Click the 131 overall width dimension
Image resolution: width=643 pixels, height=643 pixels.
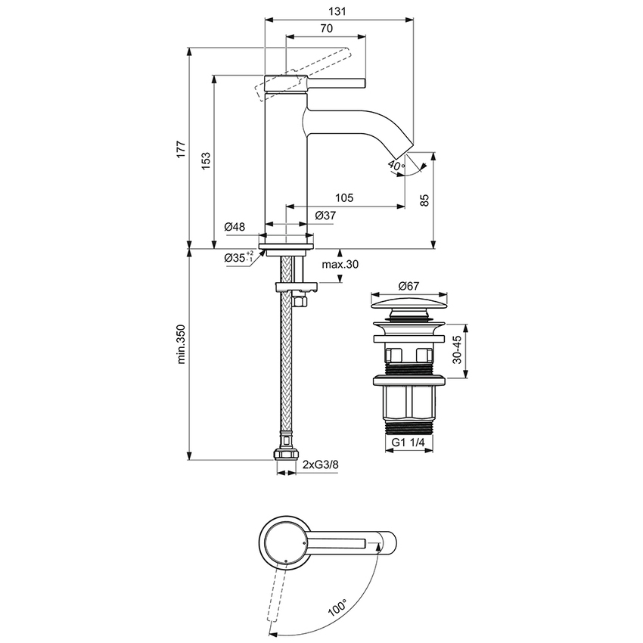338,11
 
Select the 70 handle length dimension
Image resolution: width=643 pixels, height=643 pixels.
326,28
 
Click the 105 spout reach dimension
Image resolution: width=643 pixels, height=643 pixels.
343,198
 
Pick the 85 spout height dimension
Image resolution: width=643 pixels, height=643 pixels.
424,200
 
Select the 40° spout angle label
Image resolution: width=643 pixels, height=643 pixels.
396,165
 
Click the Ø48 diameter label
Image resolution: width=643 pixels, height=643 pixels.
235,227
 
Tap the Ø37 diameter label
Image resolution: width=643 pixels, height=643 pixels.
325,216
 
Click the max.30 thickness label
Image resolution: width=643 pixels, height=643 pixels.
340,265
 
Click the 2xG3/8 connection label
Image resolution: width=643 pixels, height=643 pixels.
321,464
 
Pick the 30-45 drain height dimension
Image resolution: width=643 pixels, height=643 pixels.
458,351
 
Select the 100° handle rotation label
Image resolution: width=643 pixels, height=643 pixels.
337,607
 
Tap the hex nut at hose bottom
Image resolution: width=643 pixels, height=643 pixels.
285,455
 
